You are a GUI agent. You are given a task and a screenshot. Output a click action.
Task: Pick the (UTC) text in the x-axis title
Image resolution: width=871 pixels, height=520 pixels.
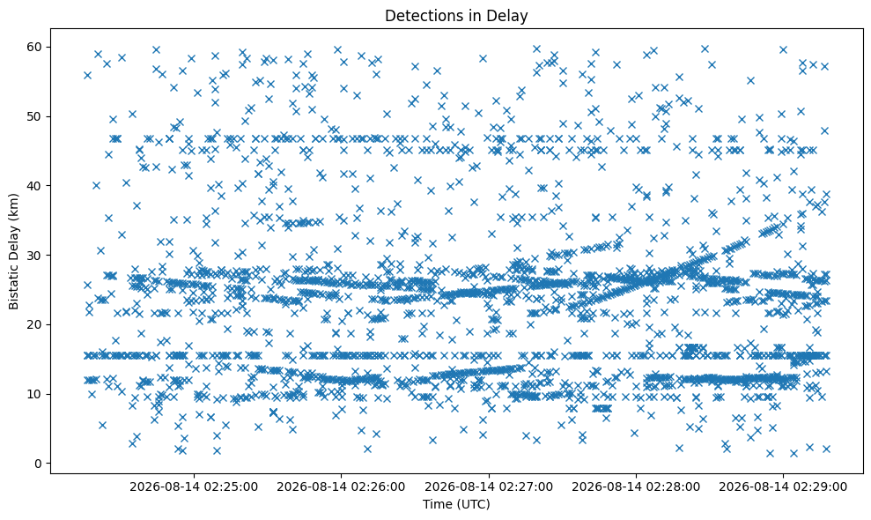point(473,504)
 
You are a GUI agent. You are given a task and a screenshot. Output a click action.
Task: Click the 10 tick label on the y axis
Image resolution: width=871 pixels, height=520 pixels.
point(36,394)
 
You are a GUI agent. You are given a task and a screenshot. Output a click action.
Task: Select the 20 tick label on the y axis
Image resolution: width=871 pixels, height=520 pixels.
point(36,324)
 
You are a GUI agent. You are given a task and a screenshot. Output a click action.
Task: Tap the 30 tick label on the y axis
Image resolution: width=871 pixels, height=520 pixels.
point(36,256)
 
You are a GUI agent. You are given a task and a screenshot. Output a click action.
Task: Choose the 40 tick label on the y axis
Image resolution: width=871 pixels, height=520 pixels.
point(36,186)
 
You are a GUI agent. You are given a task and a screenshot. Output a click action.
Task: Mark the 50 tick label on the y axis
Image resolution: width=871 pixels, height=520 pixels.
point(36,116)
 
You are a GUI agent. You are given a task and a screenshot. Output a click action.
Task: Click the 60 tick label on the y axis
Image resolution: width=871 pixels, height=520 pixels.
point(36,47)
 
